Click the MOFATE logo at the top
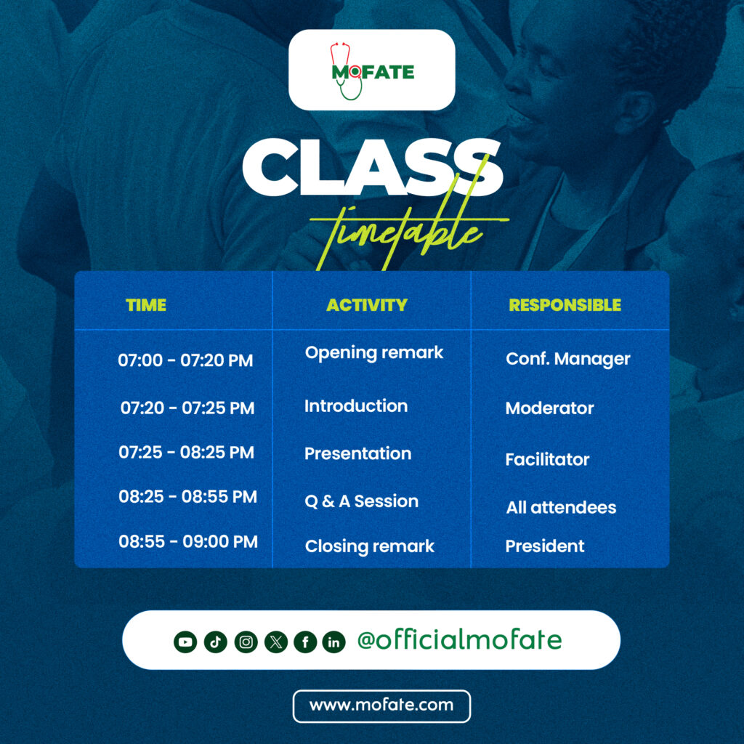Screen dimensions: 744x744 pyautogui.click(x=372, y=70)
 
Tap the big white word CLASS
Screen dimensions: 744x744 pyautogui.click(x=372, y=167)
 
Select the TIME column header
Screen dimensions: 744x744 pyautogui.click(x=146, y=305)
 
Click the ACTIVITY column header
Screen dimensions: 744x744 pyautogui.click(x=367, y=305)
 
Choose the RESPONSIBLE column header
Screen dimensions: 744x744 pyautogui.click(x=565, y=305)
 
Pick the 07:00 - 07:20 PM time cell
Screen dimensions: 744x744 pyautogui.click(x=185, y=360)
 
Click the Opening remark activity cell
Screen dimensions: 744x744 pyautogui.click(x=373, y=352)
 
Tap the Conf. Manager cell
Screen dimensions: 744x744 pyautogui.click(x=567, y=358)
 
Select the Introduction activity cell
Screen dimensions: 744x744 pyautogui.click(x=356, y=406)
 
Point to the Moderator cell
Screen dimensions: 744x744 pyautogui.click(x=549, y=408)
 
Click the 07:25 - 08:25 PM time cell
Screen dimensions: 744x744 pyautogui.click(x=186, y=453)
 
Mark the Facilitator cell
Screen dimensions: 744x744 pyautogui.click(x=547, y=459)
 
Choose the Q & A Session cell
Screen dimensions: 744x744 pyautogui.click(x=361, y=501)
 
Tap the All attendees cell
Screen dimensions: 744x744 pyautogui.click(x=561, y=508)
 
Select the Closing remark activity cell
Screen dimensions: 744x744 pyautogui.click(x=369, y=546)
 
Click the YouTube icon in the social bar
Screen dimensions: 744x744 pyautogui.click(x=185, y=642)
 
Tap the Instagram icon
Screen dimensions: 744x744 pyautogui.click(x=246, y=642)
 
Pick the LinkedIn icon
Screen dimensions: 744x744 pyautogui.click(x=333, y=642)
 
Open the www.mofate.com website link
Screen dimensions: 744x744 pyautogui.click(x=381, y=705)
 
